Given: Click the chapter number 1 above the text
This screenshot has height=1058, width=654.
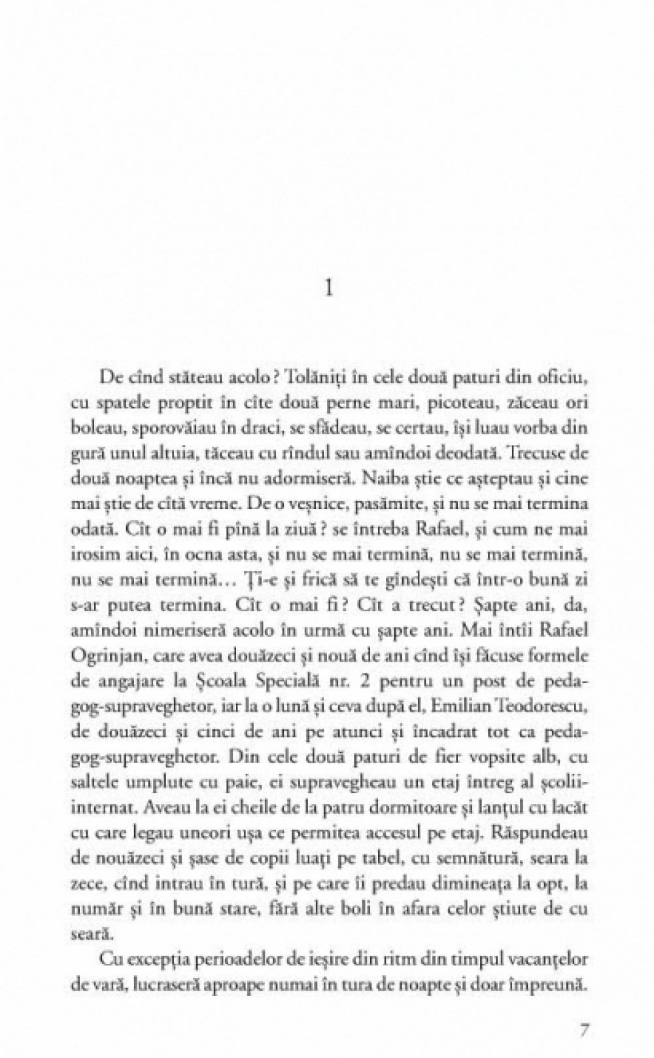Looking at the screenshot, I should tap(329, 288).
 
